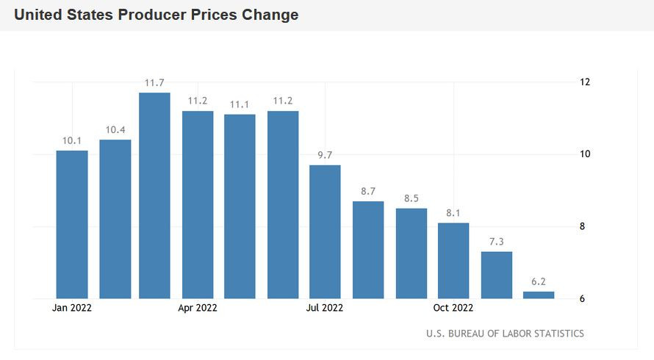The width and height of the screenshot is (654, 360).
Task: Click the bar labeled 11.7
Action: (154, 195)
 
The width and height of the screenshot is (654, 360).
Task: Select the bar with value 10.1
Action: (72, 224)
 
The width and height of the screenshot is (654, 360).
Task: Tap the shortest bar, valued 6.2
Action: (539, 295)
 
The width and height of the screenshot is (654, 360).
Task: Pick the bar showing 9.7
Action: (325, 231)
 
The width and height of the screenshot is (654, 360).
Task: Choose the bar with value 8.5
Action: (411, 253)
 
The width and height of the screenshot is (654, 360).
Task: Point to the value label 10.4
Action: (115, 130)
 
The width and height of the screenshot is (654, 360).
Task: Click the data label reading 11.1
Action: (240, 105)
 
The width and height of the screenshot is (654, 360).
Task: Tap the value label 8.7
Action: (368, 192)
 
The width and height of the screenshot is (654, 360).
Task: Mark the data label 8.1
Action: (453, 213)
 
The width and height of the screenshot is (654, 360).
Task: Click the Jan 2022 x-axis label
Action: (72, 308)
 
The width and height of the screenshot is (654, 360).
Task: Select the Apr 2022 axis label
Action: (198, 308)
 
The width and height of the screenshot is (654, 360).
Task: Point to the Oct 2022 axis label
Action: (453, 308)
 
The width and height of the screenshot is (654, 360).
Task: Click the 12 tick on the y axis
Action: (585, 82)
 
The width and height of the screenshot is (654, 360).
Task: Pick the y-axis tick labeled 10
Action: (585, 154)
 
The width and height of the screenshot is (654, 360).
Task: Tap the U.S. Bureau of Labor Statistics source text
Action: (505, 334)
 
